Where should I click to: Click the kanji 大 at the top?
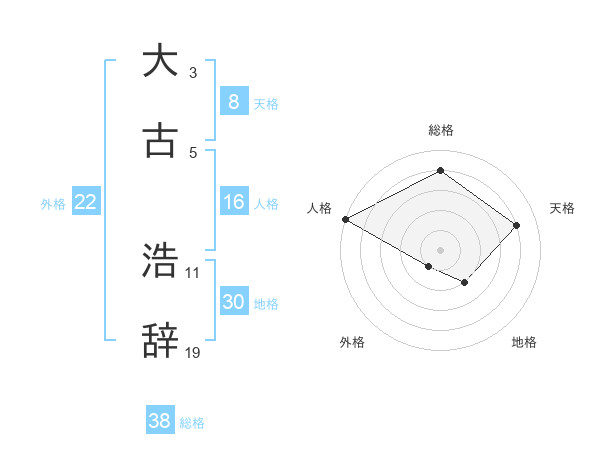point(161,61)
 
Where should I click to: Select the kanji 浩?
point(161,261)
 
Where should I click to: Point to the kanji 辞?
point(161,340)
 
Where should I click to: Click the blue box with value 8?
point(233,101)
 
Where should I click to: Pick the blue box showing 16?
point(233,202)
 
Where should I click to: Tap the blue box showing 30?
point(233,302)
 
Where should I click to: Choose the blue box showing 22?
point(86,202)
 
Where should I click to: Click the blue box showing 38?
point(160,421)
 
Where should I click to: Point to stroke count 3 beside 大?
point(193,73)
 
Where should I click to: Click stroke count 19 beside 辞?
point(193,352)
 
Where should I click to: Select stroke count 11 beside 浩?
point(193,272)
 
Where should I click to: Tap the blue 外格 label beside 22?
point(53,203)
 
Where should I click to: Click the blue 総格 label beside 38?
point(192,422)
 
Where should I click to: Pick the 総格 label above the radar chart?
point(440,130)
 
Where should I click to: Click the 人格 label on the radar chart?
point(320,208)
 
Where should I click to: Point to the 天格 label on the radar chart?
point(562,208)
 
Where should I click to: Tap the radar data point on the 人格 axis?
point(345,219)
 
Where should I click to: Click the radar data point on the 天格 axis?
point(516,225)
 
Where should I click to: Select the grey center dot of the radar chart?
point(440,249)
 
